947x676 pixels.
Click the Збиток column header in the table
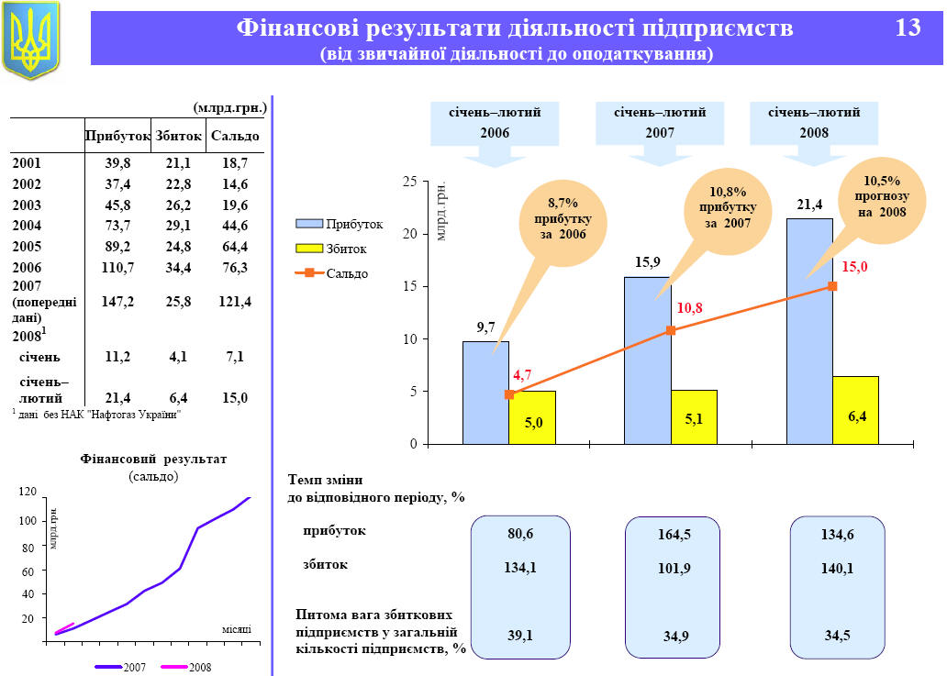179,136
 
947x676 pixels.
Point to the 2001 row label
27,163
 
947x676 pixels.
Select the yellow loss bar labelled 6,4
855,410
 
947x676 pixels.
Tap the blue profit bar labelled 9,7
485,392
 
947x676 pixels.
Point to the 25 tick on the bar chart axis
409,183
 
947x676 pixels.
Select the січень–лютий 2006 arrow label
494,123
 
